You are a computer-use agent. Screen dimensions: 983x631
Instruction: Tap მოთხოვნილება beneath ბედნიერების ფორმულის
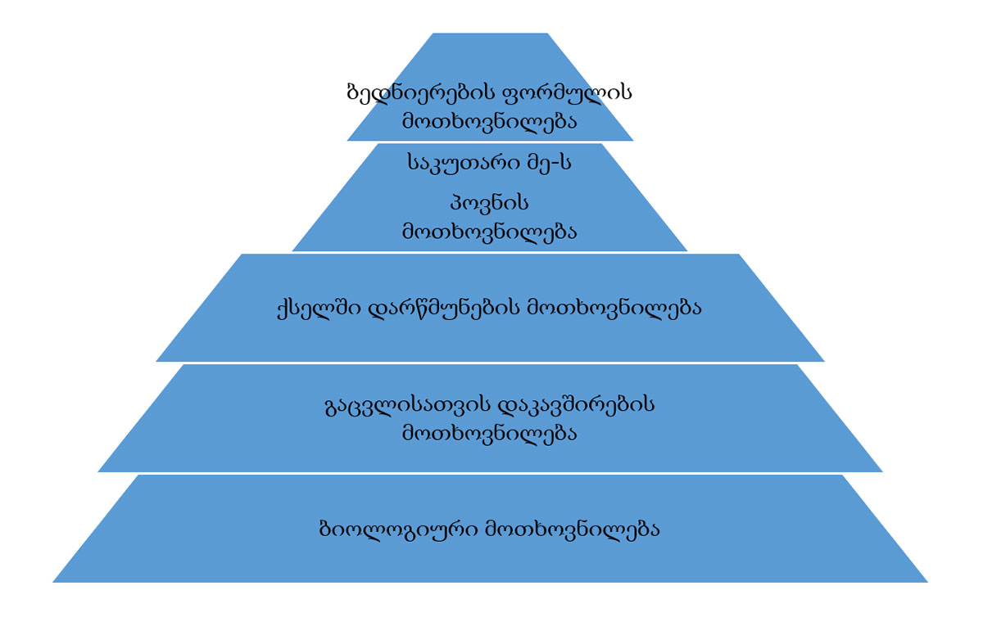489,121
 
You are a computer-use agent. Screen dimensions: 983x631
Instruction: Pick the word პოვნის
489,204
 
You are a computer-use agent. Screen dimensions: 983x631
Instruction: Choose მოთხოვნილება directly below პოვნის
489,232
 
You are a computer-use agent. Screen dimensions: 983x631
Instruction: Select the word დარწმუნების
443,309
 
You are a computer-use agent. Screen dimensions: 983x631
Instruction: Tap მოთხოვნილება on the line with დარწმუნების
614,309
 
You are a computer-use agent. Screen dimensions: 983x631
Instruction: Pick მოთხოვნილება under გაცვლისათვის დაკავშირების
489,433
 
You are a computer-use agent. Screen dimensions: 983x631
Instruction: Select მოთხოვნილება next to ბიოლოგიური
573,530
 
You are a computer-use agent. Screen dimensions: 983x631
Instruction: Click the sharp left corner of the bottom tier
53,582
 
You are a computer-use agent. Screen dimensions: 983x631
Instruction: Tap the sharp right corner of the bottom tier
927,582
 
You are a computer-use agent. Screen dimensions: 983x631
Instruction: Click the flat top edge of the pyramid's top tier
490,34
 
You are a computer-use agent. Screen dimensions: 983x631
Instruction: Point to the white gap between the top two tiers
490,142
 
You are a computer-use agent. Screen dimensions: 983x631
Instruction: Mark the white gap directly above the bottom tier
490,473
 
